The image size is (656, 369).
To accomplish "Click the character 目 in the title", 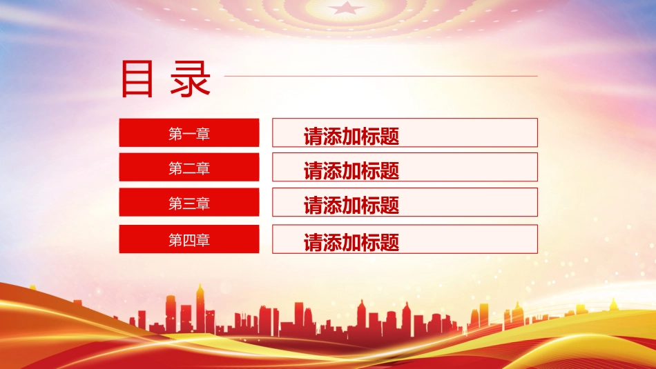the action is [137, 79].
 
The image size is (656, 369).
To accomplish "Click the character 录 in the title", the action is [191, 79].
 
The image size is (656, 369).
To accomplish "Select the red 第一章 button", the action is [189, 133].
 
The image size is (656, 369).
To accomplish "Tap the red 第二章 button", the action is [189, 167].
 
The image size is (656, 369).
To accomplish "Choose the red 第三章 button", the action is [189, 202].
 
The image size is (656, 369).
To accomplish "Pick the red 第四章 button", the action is [189, 239].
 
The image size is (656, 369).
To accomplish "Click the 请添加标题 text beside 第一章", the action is [351, 137].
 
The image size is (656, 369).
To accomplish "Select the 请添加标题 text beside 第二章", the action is [351, 171].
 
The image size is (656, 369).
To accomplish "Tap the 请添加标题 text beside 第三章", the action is [351, 206].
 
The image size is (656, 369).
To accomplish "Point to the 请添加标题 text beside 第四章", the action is [351, 242].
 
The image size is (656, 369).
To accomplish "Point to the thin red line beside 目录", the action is [380, 76].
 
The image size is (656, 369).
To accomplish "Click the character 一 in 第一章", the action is [189, 134].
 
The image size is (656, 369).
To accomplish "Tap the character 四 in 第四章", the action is [189, 240].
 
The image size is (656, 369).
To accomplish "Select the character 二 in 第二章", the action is [189, 168].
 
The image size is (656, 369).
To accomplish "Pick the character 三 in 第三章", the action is [189, 203].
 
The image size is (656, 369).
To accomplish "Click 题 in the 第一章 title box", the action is [390, 137].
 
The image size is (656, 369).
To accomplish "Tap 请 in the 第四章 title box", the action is [313, 242].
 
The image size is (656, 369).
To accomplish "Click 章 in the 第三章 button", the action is [203, 203].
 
